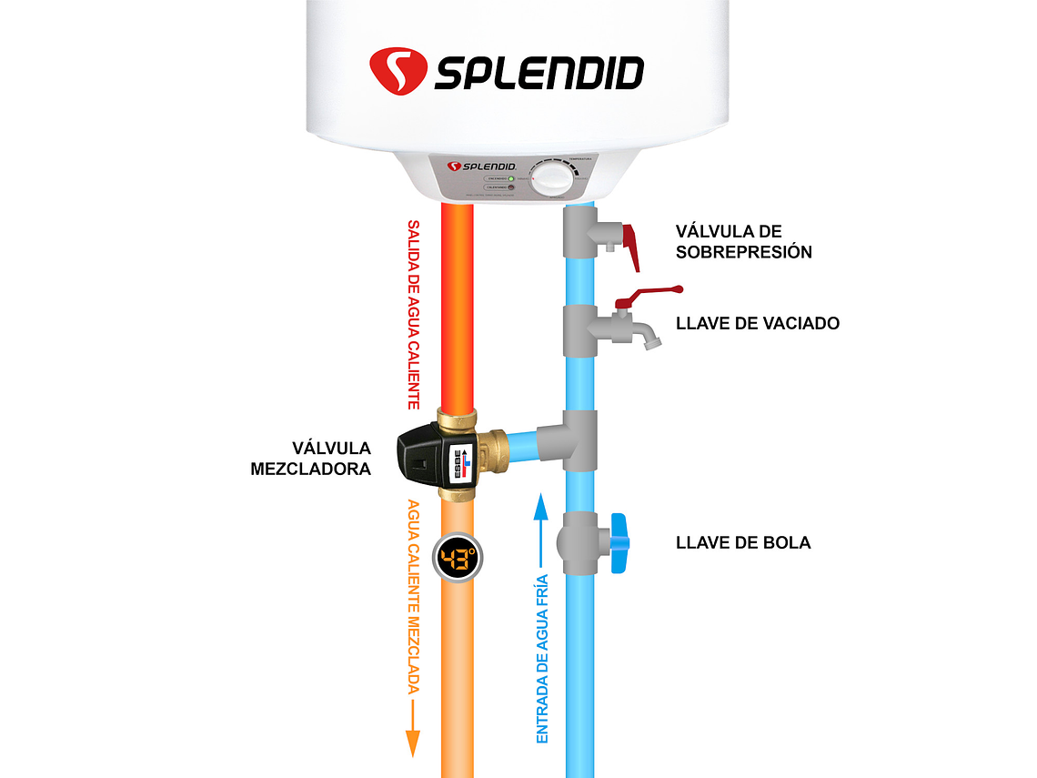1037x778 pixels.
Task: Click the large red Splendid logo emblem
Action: tap(398, 71)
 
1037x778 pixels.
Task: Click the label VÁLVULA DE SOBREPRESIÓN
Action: tap(743, 242)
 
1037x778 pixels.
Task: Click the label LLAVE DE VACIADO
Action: tap(757, 323)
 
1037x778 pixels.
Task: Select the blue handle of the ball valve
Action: tap(620, 543)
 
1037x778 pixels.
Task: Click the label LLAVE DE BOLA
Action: tap(742, 543)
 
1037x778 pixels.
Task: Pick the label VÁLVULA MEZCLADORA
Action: tap(311, 459)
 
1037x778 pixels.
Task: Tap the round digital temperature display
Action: tap(458, 558)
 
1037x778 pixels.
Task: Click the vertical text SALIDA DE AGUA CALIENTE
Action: tap(414, 314)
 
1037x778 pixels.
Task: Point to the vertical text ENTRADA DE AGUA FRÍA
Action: tap(542, 659)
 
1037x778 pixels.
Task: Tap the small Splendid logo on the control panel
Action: tap(481, 167)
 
